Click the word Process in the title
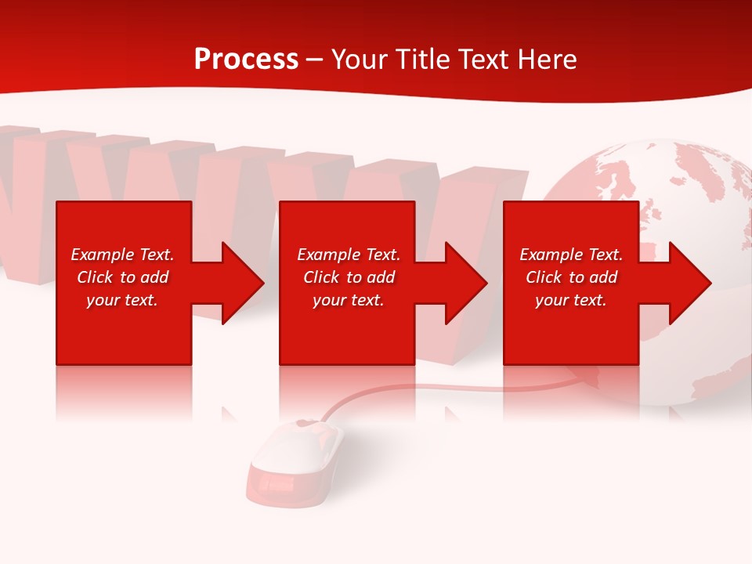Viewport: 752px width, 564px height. click(246, 60)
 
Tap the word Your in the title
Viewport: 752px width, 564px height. click(360, 60)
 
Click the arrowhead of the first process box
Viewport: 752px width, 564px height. click(239, 283)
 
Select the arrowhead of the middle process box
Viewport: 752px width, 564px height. click(463, 283)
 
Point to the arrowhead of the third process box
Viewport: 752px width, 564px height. click(687, 283)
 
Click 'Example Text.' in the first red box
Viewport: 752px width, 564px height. click(122, 255)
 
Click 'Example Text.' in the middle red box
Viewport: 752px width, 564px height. click(349, 255)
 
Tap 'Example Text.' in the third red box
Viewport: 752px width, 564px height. click(571, 255)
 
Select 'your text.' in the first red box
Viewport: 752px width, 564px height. click(122, 300)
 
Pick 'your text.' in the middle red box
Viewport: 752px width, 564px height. click(349, 300)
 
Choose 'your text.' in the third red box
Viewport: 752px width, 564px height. click(571, 300)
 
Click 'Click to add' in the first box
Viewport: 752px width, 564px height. click(122, 277)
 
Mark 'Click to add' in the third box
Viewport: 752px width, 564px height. click(571, 277)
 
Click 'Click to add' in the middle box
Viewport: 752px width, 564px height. click(349, 277)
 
